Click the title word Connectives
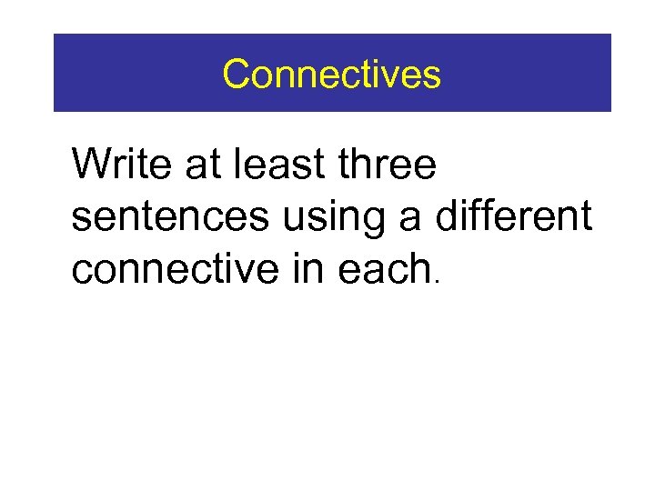331,74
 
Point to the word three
387,165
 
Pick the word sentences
170,219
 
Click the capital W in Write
95,165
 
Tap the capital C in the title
237,74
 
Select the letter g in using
373,223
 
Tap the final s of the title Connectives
431,76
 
